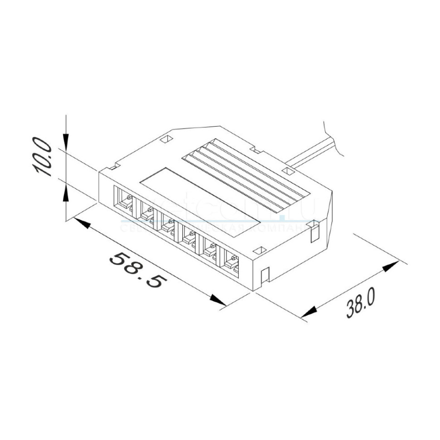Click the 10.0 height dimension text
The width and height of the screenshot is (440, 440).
coord(43,157)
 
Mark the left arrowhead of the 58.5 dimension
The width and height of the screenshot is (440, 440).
coord(81,224)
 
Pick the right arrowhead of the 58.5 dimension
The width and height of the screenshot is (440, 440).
coord(217,299)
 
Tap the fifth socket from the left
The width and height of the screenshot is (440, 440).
coord(211,249)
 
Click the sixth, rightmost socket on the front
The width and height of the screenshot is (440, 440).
coord(232,262)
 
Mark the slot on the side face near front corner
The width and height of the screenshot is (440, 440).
coord(264,277)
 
